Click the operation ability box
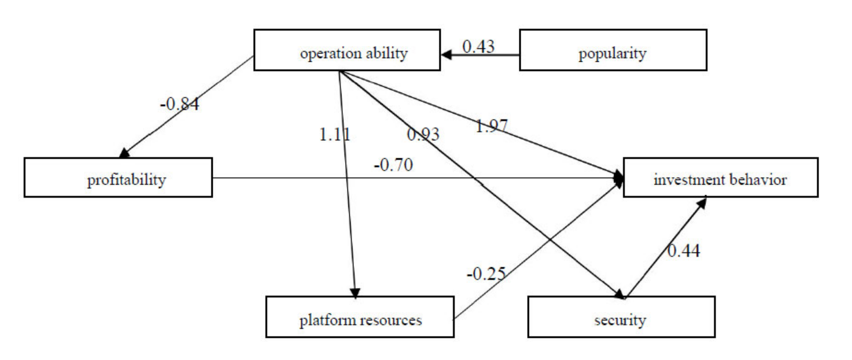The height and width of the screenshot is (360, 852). [347, 50]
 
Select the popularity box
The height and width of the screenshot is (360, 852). [613, 50]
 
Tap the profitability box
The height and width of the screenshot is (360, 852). [118, 178]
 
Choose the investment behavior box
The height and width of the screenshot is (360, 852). [721, 178]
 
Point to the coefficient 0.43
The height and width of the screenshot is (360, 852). [478, 47]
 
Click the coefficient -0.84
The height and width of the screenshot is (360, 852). [180, 104]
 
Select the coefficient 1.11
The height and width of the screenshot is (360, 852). [334, 135]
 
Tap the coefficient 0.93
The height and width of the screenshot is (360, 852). [423, 135]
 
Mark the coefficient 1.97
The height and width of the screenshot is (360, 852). [491, 126]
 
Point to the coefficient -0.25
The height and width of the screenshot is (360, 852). [486, 274]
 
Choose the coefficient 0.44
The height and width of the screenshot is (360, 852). [683, 251]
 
